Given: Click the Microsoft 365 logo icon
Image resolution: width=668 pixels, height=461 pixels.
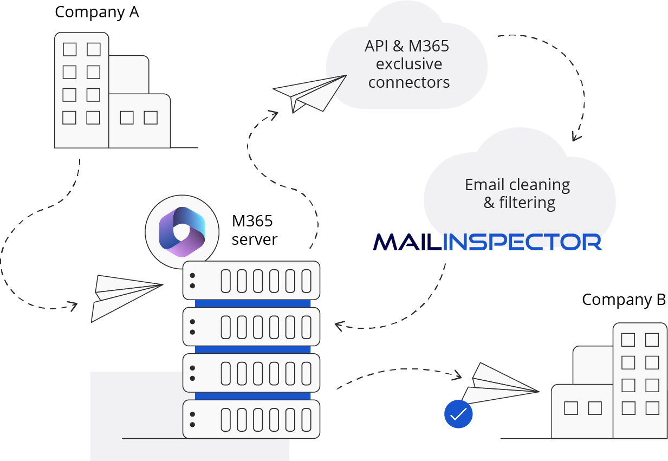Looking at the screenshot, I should pos(182,231).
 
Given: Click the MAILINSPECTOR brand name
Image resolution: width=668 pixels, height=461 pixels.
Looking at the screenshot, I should pos(488,242).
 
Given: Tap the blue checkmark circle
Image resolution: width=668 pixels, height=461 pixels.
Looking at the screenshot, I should pos(458,414).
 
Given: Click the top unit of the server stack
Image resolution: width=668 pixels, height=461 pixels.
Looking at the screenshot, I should pos(251,280).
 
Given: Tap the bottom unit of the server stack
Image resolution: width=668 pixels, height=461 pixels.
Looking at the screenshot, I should pos(251,419).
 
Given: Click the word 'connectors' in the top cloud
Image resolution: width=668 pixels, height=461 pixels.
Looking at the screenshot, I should pos(409,82).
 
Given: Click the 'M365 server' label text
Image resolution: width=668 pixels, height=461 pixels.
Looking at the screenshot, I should pos(253,230).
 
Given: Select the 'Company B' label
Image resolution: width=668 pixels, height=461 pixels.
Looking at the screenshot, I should pos(623,300).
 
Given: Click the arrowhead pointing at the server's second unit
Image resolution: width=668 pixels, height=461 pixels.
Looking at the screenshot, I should pos(339,326).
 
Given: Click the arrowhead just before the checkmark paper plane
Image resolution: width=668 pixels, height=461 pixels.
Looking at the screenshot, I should pos(458,374).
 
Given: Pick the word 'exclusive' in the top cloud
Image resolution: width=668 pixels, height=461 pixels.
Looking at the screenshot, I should pos(409,64).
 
